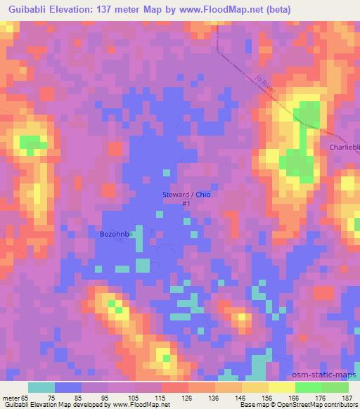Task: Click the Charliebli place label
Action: (345, 147)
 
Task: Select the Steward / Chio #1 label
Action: (186, 198)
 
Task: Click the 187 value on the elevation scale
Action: (346, 397)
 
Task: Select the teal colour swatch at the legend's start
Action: (41, 387)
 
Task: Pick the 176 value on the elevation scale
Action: (319, 397)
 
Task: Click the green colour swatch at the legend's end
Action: (335, 387)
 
